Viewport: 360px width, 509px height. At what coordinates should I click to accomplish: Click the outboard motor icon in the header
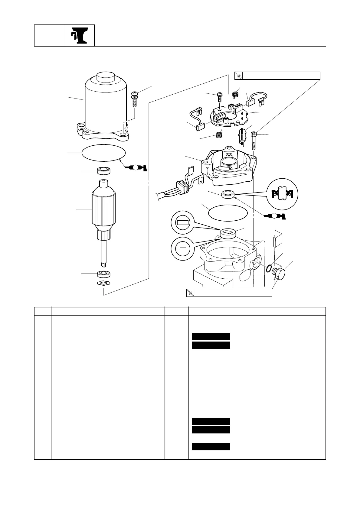coord(80,36)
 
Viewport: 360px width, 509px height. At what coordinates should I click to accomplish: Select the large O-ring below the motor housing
coord(103,153)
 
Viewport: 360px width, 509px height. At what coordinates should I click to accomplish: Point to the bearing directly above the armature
coord(103,171)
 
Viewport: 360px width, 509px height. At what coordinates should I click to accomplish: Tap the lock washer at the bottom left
coord(103,283)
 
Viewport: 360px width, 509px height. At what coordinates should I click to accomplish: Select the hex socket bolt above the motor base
coord(254,141)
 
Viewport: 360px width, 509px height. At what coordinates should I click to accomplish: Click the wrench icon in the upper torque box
coord(239,76)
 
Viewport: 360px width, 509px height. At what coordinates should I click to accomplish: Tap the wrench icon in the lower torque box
coord(190,293)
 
